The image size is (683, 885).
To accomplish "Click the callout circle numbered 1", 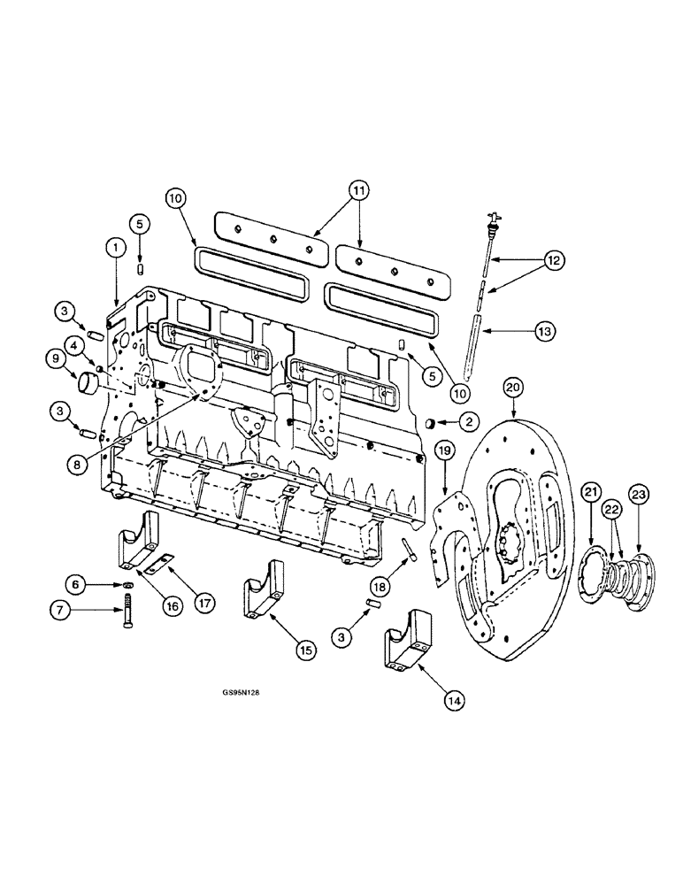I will (x=114, y=250).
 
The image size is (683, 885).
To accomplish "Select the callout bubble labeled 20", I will (x=514, y=386).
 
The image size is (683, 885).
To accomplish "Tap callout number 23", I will (x=640, y=493).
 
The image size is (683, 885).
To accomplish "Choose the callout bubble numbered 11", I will (x=357, y=189).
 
